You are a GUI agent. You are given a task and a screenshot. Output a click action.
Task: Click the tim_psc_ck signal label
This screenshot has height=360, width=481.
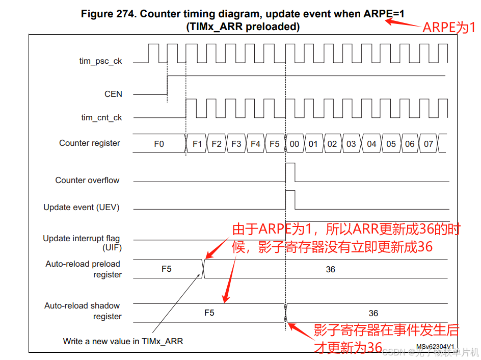click(x=100, y=61)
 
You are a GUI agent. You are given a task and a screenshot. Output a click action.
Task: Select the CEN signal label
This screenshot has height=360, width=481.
click(x=113, y=94)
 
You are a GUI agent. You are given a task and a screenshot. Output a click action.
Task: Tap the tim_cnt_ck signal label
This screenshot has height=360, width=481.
click(x=101, y=117)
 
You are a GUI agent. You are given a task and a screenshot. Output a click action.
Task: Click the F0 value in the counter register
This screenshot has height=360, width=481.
click(x=159, y=144)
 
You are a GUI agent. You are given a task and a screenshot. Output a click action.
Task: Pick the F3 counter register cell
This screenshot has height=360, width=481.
click(x=236, y=144)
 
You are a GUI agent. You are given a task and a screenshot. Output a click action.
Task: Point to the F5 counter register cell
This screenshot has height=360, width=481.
click(x=275, y=144)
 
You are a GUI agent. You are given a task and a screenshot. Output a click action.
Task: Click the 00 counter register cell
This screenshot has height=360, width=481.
click(x=295, y=144)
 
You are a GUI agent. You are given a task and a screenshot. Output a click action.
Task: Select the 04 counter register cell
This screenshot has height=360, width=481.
click(x=371, y=144)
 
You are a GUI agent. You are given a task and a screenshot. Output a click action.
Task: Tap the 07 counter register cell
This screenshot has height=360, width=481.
click(x=429, y=144)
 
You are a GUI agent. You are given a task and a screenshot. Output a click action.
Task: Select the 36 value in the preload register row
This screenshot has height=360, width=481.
click(x=330, y=269)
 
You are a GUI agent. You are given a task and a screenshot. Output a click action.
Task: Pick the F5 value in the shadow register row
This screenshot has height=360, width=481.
click(x=209, y=313)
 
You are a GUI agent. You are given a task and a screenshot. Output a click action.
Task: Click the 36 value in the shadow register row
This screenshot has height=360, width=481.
click(x=373, y=313)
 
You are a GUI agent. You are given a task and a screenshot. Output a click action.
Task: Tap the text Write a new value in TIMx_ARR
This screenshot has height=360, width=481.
click(x=123, y=341)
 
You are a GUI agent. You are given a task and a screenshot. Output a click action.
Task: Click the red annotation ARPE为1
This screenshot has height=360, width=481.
click(x=449, y=28)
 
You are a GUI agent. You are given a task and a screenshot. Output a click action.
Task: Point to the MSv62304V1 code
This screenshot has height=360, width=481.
click(x=434, y=347)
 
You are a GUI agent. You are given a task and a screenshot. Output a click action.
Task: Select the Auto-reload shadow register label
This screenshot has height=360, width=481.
click(x=83, y=311)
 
